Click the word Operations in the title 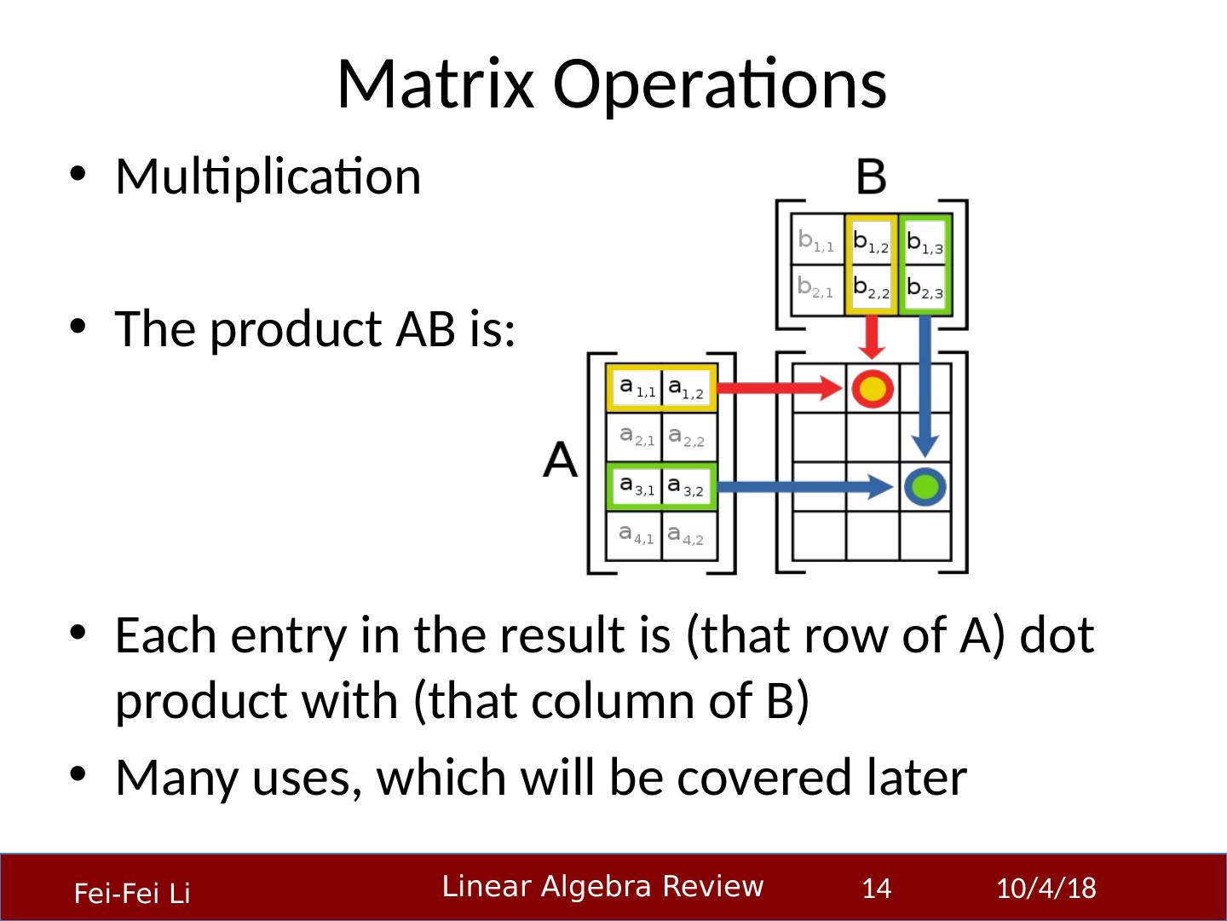point(720,85)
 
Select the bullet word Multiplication point(268,177)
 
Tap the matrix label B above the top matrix point(871,177)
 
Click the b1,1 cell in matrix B point(816,241)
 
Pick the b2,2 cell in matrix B point(871,288)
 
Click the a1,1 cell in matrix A point(636,389)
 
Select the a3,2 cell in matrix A point(687,487)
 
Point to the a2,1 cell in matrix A point(636,437)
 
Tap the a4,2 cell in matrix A point(687,536)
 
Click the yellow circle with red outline point(872,389)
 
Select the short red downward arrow point(871,338)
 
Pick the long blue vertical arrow point(925,384)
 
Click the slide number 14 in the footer point(876,889)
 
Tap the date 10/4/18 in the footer point(1046,889)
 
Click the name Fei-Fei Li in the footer point(132,894)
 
